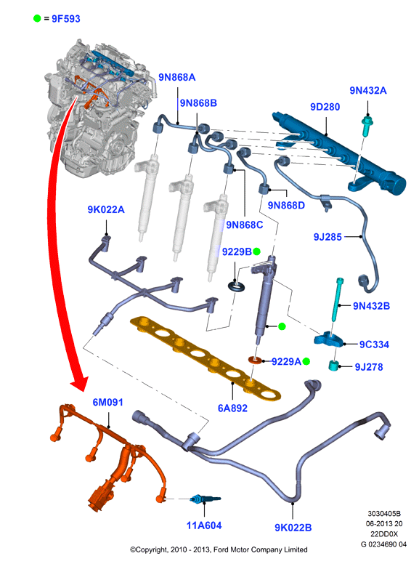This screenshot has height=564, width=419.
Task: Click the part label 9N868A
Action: pyautogui.click(x=176, y=77)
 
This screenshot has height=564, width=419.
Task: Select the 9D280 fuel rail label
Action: pyautogui.click(x=325, y=107)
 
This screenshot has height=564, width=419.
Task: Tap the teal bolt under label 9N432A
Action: pyautogui.click(x=367, y=126)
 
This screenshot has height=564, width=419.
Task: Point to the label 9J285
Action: pyautogui.click(x=328, y=237)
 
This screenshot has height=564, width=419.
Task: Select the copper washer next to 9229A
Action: pyautogui.click(x=256, y=359)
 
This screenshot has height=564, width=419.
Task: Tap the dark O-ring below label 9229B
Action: pyautogui.click(x=237, y=286)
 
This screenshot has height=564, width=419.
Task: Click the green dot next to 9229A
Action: pyautogui.click(x=306, y=361)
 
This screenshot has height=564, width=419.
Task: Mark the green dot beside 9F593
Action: pyautogui.click(x=37, y=18)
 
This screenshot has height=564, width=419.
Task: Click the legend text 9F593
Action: pyautogui.click(x=66, y=19)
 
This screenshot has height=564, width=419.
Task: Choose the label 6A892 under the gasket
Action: pyautogui.click(x=232, y=408)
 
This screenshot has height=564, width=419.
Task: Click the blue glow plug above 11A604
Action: pyautogui.click(x=206, y=499)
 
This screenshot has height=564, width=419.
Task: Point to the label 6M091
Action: pyautogui.click(x=107, y=402)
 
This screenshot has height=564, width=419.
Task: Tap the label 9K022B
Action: pyautogui.click(x=293, y=528)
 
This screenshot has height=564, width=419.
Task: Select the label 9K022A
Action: pyautogui.click(x=105, y=209)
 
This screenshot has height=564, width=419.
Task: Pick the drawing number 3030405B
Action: pyautogui.click(x=384, y=514)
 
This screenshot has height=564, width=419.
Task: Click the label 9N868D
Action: pyautogui.click(x=286, y=206)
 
